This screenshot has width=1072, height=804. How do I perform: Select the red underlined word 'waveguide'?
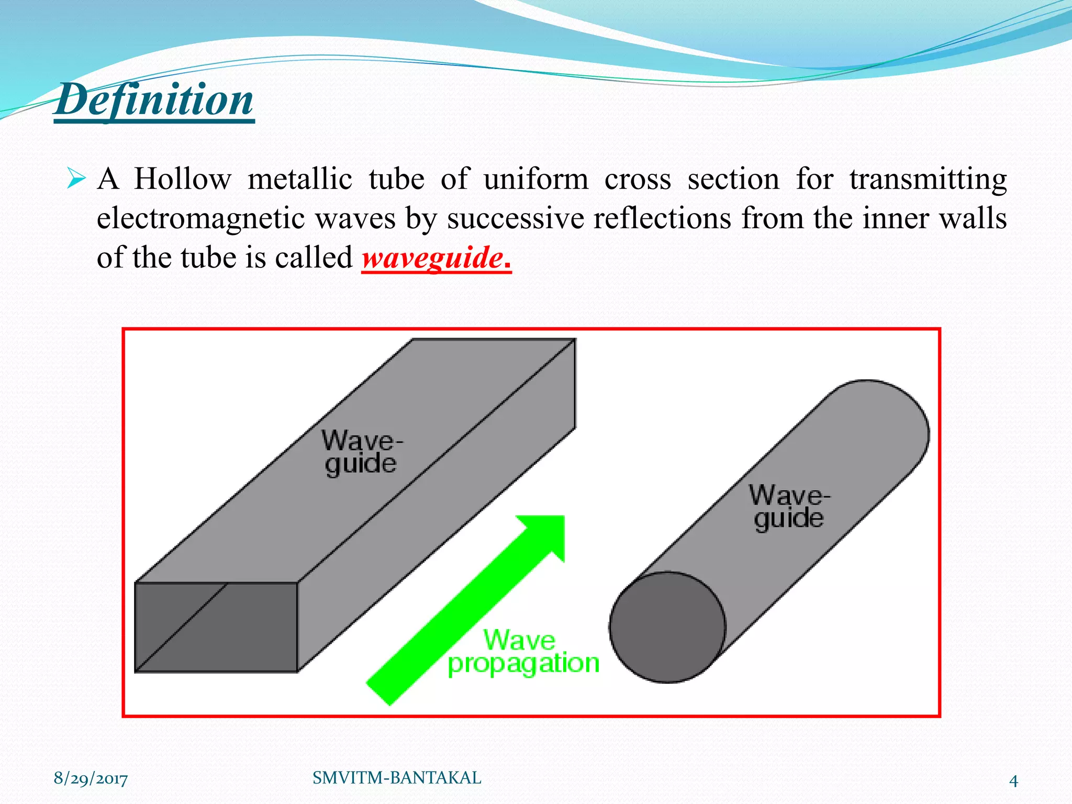point(432,258)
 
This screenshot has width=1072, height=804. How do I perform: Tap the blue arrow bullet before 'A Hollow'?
point(76,180)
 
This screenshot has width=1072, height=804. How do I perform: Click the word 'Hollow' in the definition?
point(182,180)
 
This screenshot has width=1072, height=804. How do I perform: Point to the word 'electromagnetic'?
point(200,218)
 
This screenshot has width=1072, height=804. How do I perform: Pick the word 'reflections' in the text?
point(662,218)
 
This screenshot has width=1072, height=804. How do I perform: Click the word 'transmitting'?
point(928,180)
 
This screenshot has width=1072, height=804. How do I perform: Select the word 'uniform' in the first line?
point(535,180)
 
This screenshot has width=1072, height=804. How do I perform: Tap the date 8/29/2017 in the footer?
point(91,779)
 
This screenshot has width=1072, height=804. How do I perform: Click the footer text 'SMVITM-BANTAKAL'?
point(397,778)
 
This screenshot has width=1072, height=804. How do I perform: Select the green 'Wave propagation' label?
point(523,652)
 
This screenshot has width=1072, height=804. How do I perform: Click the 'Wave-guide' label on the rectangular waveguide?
point(361,452)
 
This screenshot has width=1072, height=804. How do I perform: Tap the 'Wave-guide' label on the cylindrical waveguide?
point(788,507)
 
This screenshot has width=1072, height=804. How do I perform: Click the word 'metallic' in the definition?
point(299,180)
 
